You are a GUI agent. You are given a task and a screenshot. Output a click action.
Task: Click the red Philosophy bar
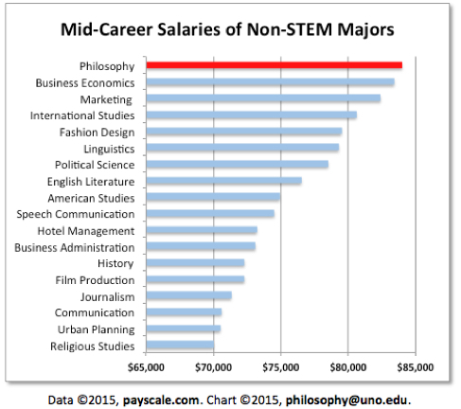(274, 65)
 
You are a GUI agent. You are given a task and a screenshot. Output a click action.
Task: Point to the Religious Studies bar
(180, 346)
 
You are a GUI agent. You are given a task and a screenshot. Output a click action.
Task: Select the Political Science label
(96, 165)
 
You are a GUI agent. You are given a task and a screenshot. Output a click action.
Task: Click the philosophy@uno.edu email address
(350, 396)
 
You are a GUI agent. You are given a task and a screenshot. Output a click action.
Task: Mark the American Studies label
(91, 198)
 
